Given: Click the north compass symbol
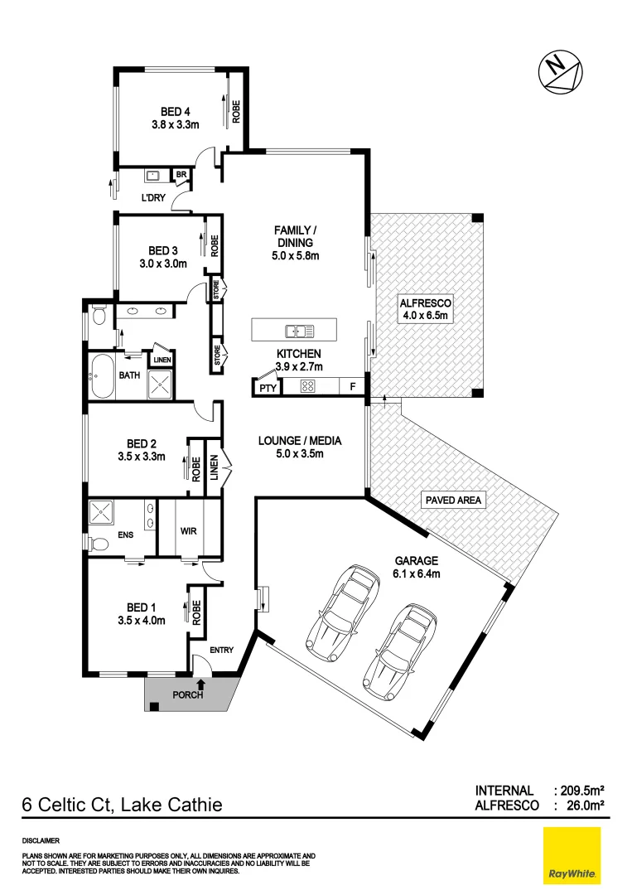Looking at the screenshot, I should [x=561, y=70].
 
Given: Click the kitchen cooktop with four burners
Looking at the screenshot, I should [x=308, y=386].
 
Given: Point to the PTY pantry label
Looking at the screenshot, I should [x=267, y=387].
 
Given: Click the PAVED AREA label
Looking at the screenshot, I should [x=453, y=501].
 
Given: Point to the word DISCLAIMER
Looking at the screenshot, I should [x=41, y=839].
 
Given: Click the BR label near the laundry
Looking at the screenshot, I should [x=181, y=174].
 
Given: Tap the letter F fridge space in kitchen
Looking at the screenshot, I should [x=352, y=387].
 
